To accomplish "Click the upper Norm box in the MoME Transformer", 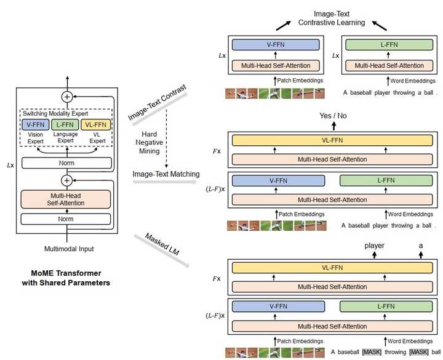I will [67, 163].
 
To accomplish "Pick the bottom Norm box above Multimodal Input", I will [67, 218].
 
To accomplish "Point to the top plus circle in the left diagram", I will [67, 97].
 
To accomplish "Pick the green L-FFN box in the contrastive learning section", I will [386, 45].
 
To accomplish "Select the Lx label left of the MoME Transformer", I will [10, 164].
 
